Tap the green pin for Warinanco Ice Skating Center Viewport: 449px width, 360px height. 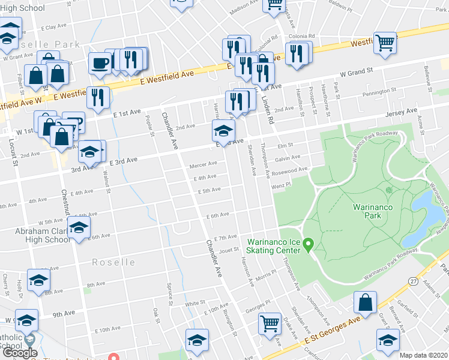(x=309, y=244)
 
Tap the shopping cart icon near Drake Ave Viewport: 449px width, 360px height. (x=270, y=323)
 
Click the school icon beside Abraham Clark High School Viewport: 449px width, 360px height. (x=79, y=228)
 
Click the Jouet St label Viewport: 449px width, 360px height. (x=229, y=250)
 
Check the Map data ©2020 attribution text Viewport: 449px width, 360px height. (x=424, y=355)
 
